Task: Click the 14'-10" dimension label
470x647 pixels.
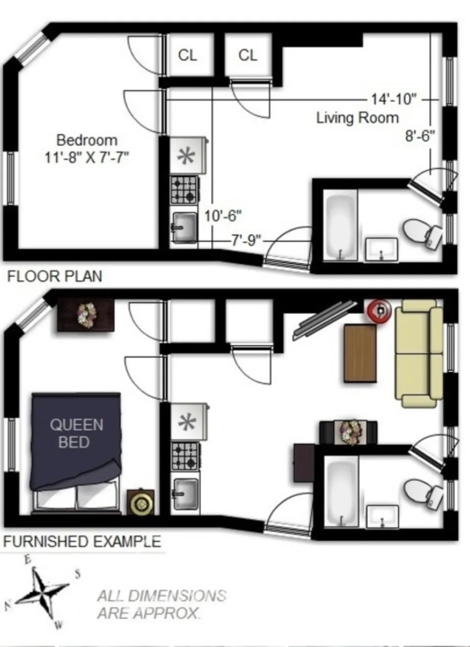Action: [394, 99]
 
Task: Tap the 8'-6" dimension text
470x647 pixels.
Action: [420, 136]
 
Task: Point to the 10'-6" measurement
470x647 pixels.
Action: [223, 216]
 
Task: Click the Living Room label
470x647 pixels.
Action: [357, 118]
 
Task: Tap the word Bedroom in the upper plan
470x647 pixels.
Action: [87, 140]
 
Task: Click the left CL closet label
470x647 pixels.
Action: [188, 55]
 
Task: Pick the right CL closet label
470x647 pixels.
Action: [248, 55]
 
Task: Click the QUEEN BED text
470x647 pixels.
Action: [76, 433]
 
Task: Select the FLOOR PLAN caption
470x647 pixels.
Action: [54, 276]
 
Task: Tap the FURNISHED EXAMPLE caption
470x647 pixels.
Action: [82, 541]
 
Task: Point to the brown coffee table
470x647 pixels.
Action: [360, 353]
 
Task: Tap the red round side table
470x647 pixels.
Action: [380, 310]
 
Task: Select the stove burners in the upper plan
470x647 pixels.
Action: [185, 190]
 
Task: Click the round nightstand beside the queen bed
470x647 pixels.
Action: [141, 503]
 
